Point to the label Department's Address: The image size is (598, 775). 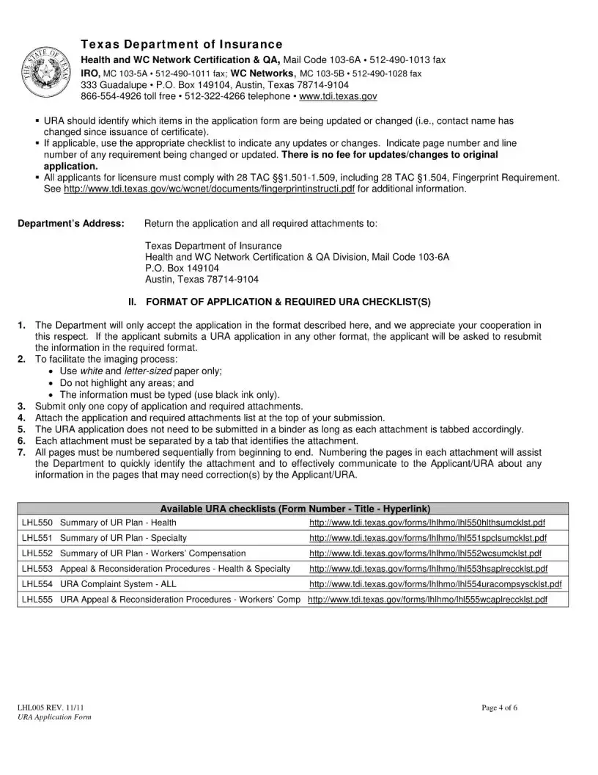click(70, 223)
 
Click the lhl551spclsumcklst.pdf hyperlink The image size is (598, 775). click(427, 538)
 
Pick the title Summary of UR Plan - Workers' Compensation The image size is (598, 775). click(152, 553)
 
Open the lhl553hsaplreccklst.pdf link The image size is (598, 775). click(428, 569)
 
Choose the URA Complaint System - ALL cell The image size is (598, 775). click(118, 584)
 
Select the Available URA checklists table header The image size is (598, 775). click(295, 509)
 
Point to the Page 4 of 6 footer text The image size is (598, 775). click(500, 707)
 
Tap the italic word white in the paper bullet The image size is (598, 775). click(91, 371)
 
